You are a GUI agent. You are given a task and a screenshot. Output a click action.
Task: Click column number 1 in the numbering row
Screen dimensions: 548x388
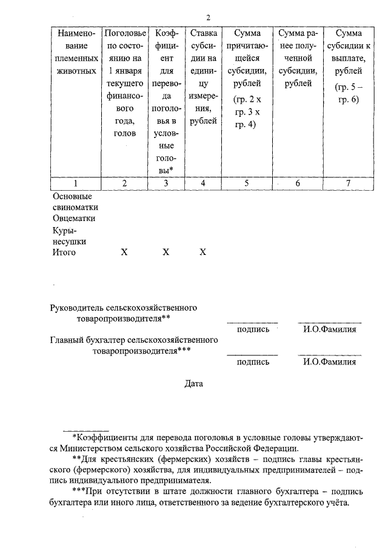point(76,183)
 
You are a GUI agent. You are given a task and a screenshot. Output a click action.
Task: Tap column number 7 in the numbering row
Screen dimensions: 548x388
point(348,183)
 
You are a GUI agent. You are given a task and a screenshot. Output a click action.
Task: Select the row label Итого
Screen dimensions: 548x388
point(64,252)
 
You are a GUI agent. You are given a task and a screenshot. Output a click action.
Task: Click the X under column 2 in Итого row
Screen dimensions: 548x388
point(124,253)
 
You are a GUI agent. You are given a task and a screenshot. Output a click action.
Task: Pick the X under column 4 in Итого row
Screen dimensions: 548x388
point(203,253)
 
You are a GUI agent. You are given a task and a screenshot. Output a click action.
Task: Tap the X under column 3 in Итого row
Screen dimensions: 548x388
point(165,253)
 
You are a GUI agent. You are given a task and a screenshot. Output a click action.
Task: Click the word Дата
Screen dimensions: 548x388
point(194,383)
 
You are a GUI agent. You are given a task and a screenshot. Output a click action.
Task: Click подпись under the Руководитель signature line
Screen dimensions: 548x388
point(253,329)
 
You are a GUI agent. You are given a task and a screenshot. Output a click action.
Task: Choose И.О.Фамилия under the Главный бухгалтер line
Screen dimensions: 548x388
point(330,362)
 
